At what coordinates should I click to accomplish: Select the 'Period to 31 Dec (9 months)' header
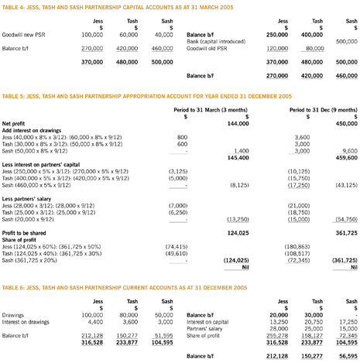[318, 110]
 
